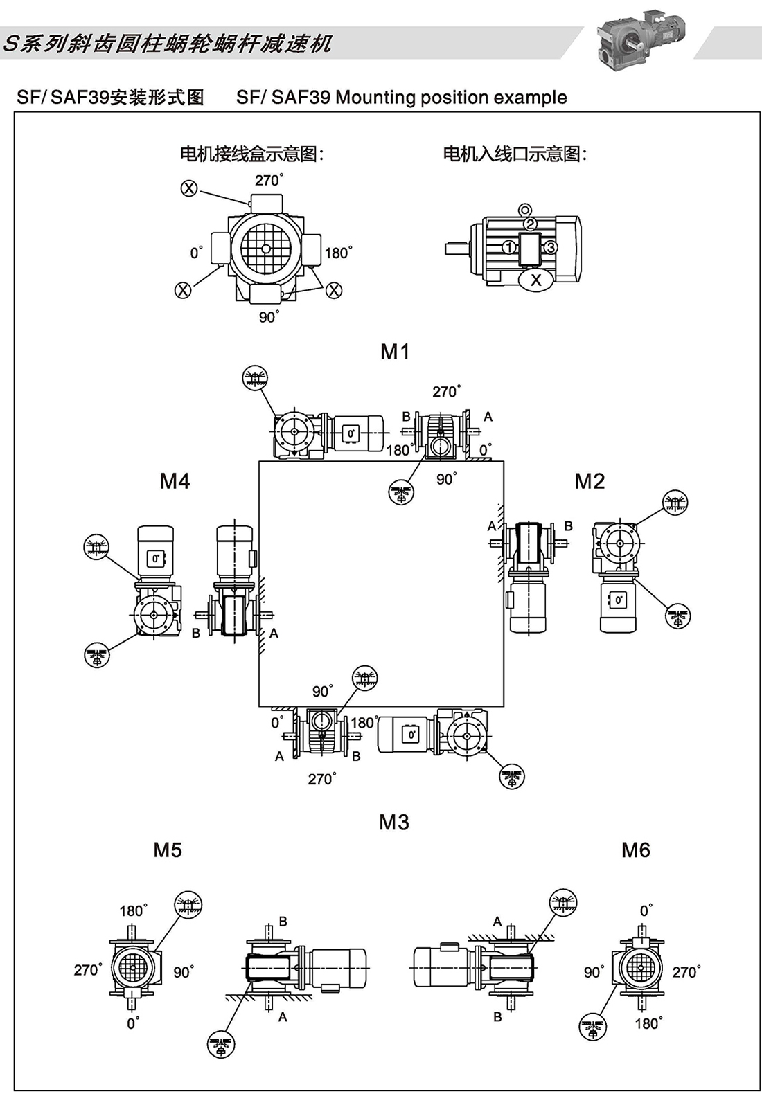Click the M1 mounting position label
click(395, 352)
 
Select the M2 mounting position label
click(590, 481)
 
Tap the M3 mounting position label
click(394, 823)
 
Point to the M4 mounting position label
click(175, 481)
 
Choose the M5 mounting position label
click(168, 850)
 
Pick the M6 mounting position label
click(635, 850)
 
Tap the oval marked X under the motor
click(535, 280)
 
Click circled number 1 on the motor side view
click(509, 247)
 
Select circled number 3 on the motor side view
click(550, 247)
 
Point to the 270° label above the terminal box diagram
click(269, 181)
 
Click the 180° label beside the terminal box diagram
click(337, 253)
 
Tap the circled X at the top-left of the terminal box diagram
click(189, 188)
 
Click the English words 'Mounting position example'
click(451, 98)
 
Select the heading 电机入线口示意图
click(515, 154)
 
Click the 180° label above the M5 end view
click(133, 910)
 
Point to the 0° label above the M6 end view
click(646, 910)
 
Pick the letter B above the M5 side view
click(283, 922)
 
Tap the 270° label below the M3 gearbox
click(321, 779)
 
